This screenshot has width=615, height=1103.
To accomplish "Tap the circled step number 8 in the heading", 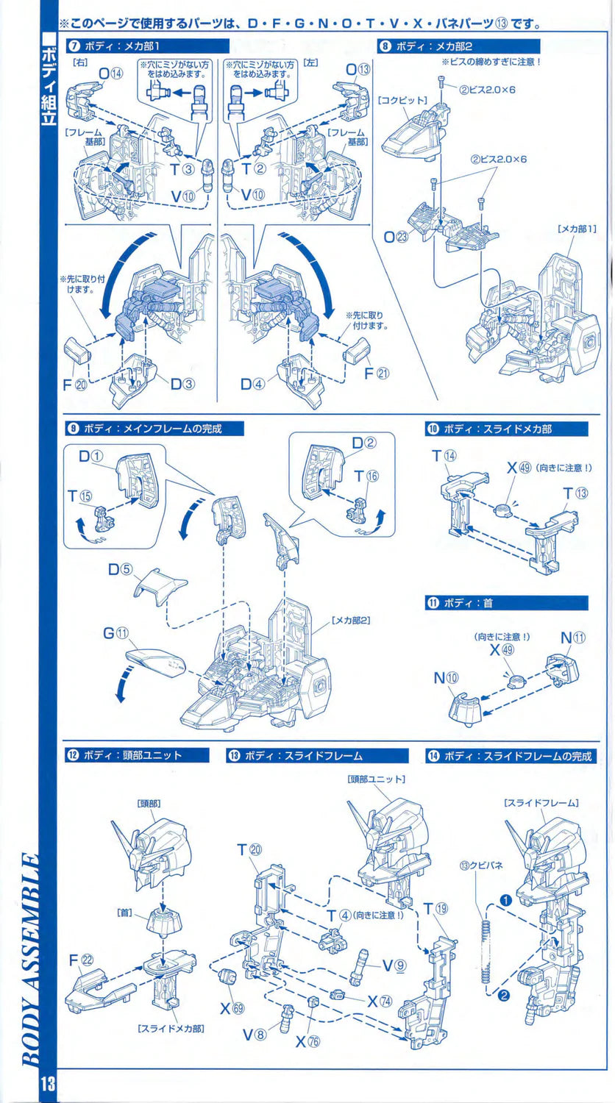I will [385, 46].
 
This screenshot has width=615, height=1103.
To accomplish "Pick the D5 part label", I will [120, 569].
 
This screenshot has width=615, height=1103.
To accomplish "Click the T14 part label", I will [444, 457].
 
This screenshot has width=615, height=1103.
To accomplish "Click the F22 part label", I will [81, 959].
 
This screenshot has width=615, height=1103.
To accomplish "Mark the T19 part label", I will [436, 909].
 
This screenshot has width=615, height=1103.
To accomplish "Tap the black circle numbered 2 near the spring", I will [504, 996].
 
